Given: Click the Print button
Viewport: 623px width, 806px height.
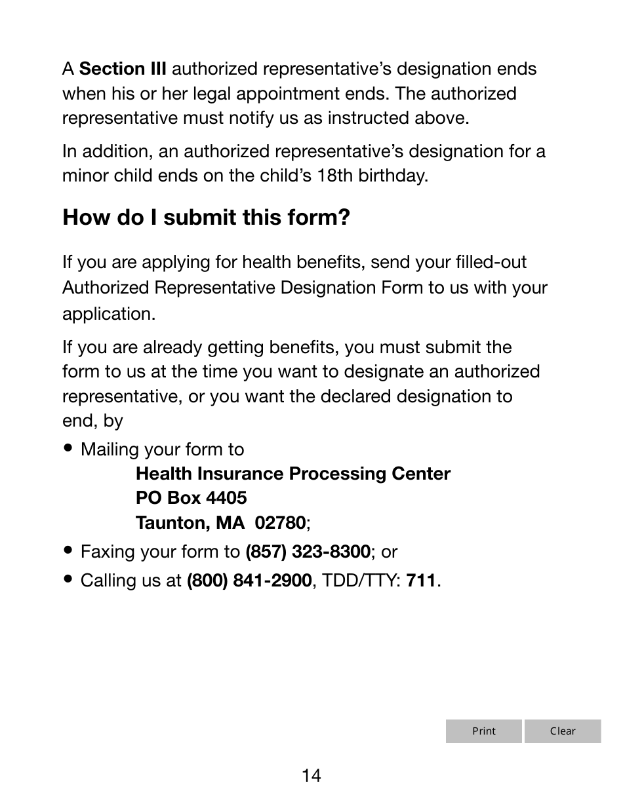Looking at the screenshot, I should [484, 731].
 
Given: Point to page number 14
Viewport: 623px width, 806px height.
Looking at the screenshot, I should [311, 776].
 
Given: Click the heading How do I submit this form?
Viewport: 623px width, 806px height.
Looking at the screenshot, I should [206, 217].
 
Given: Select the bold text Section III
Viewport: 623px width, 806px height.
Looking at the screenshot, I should [123, 69].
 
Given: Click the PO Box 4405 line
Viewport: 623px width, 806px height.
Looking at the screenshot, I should [191, 498].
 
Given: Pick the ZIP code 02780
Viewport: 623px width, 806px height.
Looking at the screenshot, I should [280, 523].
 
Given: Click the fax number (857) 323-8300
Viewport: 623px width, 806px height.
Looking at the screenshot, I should [308, 552].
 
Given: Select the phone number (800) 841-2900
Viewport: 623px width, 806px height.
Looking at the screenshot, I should [249, 581].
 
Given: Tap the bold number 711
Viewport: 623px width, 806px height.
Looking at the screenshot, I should [421, 581].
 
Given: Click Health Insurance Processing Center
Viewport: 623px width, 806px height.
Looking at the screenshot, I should [292, 474].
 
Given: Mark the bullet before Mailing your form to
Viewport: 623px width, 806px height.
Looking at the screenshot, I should [68, 449].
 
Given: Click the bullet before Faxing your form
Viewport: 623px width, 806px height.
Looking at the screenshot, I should [68, 551].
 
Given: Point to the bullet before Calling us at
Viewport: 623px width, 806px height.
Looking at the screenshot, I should [68, 580].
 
